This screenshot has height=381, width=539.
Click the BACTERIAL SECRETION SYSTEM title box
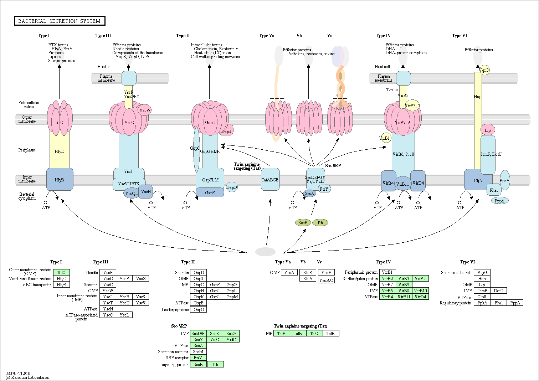[x=60, y=21]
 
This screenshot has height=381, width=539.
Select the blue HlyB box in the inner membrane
[x=60, y=180]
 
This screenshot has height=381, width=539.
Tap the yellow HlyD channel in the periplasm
[x=60, y=151]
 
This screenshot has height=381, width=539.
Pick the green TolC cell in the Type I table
[x=61, y=273]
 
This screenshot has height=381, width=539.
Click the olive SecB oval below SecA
[x=303, y=223]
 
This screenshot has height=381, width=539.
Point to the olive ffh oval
[x=320, y=223]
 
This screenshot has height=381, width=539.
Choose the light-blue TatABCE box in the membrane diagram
[x=270, y=179]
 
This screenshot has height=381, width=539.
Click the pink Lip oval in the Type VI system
[x=488, y=130]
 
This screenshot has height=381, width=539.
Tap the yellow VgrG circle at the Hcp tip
[x=484, y=70]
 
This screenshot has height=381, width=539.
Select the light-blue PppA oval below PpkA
[x=500, y=201]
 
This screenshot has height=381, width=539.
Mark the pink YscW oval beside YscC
[x=145, y=110]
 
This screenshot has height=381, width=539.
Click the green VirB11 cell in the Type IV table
[x=404, y=297]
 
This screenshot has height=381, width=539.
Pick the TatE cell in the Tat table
[x=330, y=334]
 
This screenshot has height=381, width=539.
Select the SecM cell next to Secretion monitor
[x=198, y=352]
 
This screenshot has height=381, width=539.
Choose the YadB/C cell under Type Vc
[x=326, y=280]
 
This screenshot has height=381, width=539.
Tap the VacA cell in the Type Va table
[x=289, y=273]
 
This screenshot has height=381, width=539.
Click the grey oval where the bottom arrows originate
[x=265, y=252]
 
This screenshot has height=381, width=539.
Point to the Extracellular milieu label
[x=29, y=104]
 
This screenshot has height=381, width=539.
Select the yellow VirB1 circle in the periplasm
[x=385, y=138]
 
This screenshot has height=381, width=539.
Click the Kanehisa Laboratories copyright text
[x=27, y=377]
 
